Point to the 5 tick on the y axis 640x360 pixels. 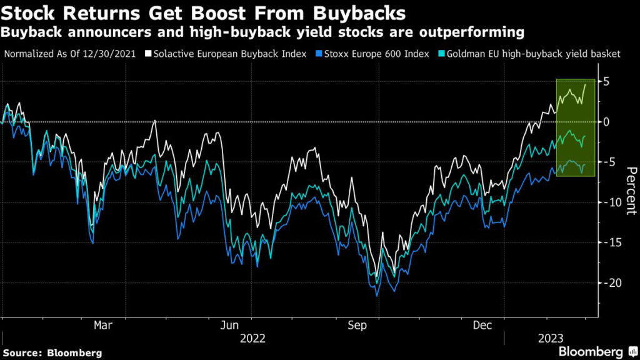point(606,81)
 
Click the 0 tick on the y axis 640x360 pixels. point(606,121)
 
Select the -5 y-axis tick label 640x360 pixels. point(604,162)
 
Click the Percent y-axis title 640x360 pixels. point(631,191)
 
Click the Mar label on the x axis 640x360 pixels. point(102,325)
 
